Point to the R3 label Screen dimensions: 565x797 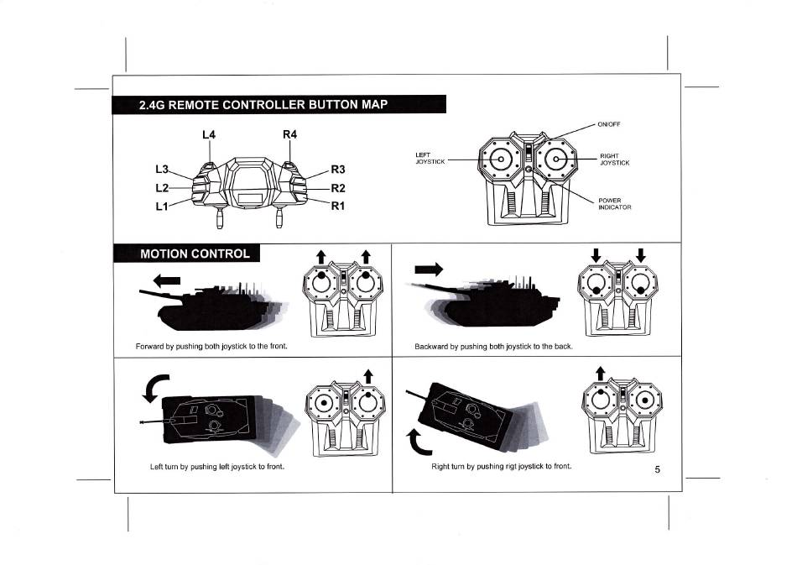click(339, 170)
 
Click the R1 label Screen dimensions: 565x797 click(339, 206)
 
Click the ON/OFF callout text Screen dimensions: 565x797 click(608, 124)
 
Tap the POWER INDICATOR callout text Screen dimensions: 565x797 click(614, 203)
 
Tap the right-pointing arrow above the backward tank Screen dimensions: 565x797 click(428, 269)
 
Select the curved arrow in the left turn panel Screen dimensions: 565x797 click(156, 389)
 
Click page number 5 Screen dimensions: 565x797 click(659, 469)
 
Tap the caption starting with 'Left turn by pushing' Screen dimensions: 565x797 click(211, 466)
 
